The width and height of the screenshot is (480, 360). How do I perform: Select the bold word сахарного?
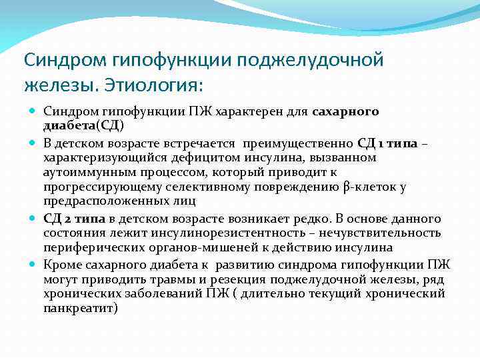(345, 111)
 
